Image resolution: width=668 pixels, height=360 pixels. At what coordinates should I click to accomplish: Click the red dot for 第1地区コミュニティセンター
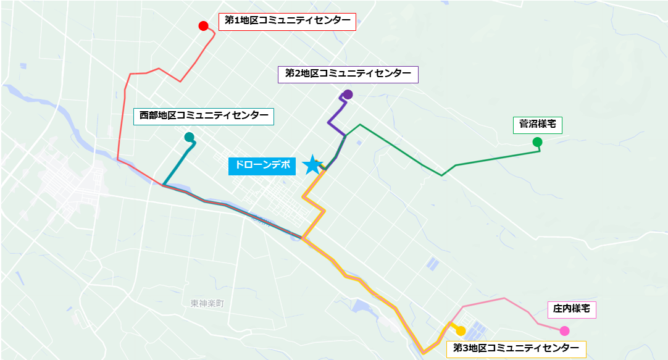[202, 26]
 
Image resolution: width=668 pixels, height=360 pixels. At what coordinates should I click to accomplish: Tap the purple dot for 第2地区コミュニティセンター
[348, 94]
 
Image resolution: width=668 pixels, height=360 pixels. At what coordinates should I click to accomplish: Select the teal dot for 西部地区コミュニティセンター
[189, 136]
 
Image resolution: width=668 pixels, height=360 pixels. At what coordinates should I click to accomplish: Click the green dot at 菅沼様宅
[537, 142]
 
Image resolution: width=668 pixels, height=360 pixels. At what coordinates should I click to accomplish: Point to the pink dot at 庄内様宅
[564, 330]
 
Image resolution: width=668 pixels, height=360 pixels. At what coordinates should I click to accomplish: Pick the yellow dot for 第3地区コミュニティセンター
[461, 331]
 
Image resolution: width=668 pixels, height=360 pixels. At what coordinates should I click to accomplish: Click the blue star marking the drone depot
[313, 165]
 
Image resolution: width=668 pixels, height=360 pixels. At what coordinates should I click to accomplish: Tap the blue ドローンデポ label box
[262, 165]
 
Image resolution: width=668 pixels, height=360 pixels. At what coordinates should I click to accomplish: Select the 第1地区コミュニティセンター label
[287, 21]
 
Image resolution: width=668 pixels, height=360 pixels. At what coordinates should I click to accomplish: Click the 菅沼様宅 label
[537, 124]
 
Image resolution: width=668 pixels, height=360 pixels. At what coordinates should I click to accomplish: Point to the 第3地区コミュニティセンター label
[516, 349]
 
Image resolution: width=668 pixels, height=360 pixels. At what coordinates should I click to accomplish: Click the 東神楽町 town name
[207, 303]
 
